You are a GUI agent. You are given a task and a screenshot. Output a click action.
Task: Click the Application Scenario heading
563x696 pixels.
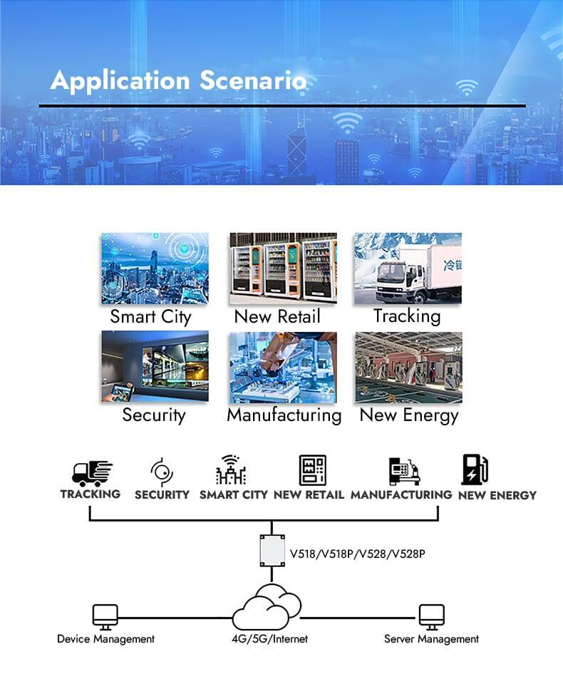tap(178, 80)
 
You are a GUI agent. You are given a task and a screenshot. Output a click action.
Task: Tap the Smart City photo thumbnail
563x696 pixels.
tap(155, 269)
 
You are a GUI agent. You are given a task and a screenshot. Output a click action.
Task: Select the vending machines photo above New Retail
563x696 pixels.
tap(283, 269)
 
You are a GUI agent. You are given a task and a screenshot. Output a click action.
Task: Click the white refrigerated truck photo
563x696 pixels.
tap(408, 269)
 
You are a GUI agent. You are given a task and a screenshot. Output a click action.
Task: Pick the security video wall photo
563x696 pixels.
tap(155, 367)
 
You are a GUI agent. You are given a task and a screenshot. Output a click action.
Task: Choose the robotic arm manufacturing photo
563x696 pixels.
tap(283, 368)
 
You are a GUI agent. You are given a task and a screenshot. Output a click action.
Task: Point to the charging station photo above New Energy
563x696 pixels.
tap(408, 368)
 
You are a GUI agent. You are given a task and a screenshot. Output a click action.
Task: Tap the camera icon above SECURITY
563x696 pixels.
tap(162, 472)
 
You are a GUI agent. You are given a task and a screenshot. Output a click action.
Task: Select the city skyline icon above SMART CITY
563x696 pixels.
tap(231, 469)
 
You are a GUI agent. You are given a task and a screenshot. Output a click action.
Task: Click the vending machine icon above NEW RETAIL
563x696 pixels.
tap(313, 470)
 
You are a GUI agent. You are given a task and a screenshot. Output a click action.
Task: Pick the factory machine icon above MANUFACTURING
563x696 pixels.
tap(405, 472)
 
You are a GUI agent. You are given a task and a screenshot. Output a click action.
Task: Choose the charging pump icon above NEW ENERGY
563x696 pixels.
tap(475, 469)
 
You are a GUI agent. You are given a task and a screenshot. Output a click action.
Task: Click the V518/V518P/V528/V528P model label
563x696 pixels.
tap(358, 554)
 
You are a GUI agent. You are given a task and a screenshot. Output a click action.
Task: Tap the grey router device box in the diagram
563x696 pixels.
tap(272, 551)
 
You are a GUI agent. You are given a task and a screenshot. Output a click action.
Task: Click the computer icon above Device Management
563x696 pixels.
tap(105, 617)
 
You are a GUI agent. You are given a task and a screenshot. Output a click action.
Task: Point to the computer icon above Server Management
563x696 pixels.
tap(432, 617)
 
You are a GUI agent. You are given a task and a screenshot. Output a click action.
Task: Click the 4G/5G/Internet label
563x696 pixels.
tap(269, 639)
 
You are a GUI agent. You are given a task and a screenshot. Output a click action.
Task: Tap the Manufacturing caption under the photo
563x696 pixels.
tap(284, 415)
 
